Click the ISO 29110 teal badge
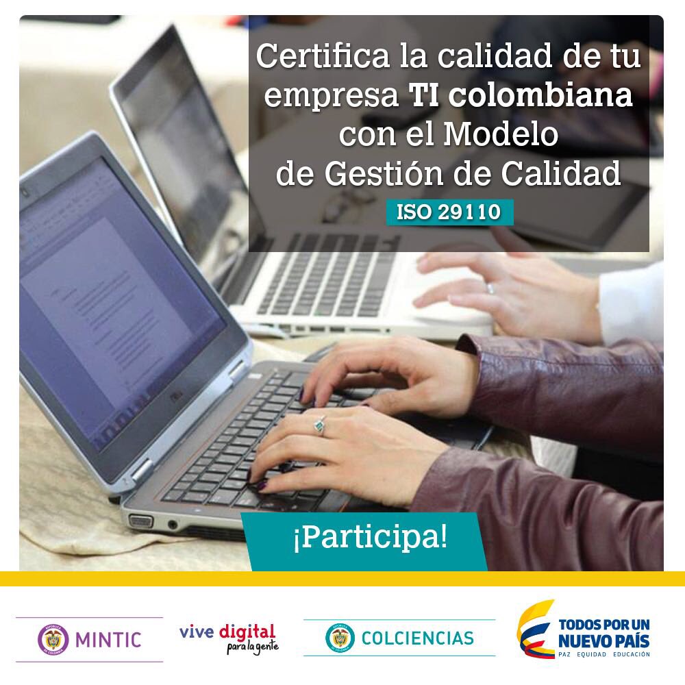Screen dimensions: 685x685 (x=449, y=212)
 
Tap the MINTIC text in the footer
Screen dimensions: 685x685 (x=108, y=640)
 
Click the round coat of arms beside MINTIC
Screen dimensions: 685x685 (x=53, y=639)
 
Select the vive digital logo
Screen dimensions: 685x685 (x=229, y=637)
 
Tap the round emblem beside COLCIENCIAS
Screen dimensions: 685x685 (x=340, y=638)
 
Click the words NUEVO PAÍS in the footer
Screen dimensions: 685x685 (x=603, y=642)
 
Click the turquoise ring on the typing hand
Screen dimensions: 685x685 (x=319, y=426)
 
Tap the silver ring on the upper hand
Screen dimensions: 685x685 (x=490, y=288)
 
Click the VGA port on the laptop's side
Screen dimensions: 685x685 (x=140, y=521)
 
